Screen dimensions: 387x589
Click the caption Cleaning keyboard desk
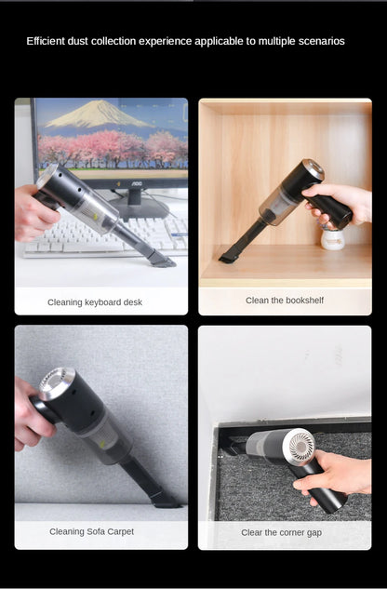(x=95, y=302)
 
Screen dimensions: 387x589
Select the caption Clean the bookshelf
(x=285, y=301)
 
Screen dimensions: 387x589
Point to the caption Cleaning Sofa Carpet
(x=92, y=531)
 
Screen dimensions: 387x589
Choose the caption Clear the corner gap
(x=282, y=532)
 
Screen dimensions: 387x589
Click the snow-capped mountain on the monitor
(x=99, y=114)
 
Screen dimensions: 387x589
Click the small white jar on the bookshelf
(x=333, y=239)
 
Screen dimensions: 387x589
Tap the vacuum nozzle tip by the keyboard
(x=164, y=261)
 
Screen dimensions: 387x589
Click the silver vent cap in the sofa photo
(x=57, y=383)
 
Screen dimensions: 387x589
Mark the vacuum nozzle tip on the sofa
(x=167, y=501)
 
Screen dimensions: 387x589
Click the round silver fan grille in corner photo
(x=300, y=447)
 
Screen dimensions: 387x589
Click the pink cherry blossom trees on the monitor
(x=113, y=149)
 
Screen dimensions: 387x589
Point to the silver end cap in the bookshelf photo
(x=314, y=169)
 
